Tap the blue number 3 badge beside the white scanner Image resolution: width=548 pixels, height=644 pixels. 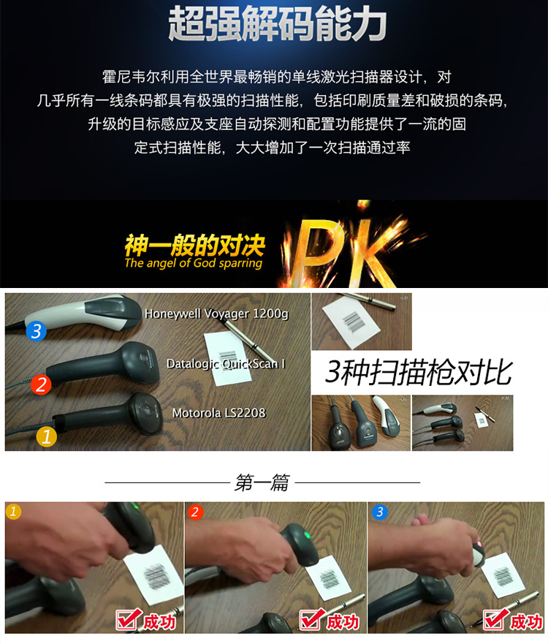(x=36, y=331)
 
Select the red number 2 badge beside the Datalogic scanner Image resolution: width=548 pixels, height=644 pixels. (x=41, y=384)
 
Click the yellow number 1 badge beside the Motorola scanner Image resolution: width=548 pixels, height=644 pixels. (x=46, y=436)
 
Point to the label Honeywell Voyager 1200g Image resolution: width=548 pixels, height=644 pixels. (x=216, y=314)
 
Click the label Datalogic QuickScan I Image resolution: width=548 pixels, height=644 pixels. (x=227, y=363)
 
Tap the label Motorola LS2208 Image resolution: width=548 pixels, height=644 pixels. (x=218, y=413)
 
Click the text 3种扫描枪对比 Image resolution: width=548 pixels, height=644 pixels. (x=418, y=373)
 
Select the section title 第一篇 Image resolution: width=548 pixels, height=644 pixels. (x=262, y=482)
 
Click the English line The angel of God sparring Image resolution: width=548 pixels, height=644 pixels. (x=194, y=263)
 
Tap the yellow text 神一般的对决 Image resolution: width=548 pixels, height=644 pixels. (x=195, y=245)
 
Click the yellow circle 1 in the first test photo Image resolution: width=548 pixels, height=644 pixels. (x=13, y=512)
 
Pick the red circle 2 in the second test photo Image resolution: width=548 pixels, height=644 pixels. (x=195, y=512)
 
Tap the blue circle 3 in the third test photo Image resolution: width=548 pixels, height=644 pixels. (x=380, y=512)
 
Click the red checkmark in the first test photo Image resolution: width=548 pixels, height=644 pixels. (x=129, y=619)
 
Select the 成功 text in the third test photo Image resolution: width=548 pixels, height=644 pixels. (x=526, y=622)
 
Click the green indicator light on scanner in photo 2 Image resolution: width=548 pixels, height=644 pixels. (x=306, y=535)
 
